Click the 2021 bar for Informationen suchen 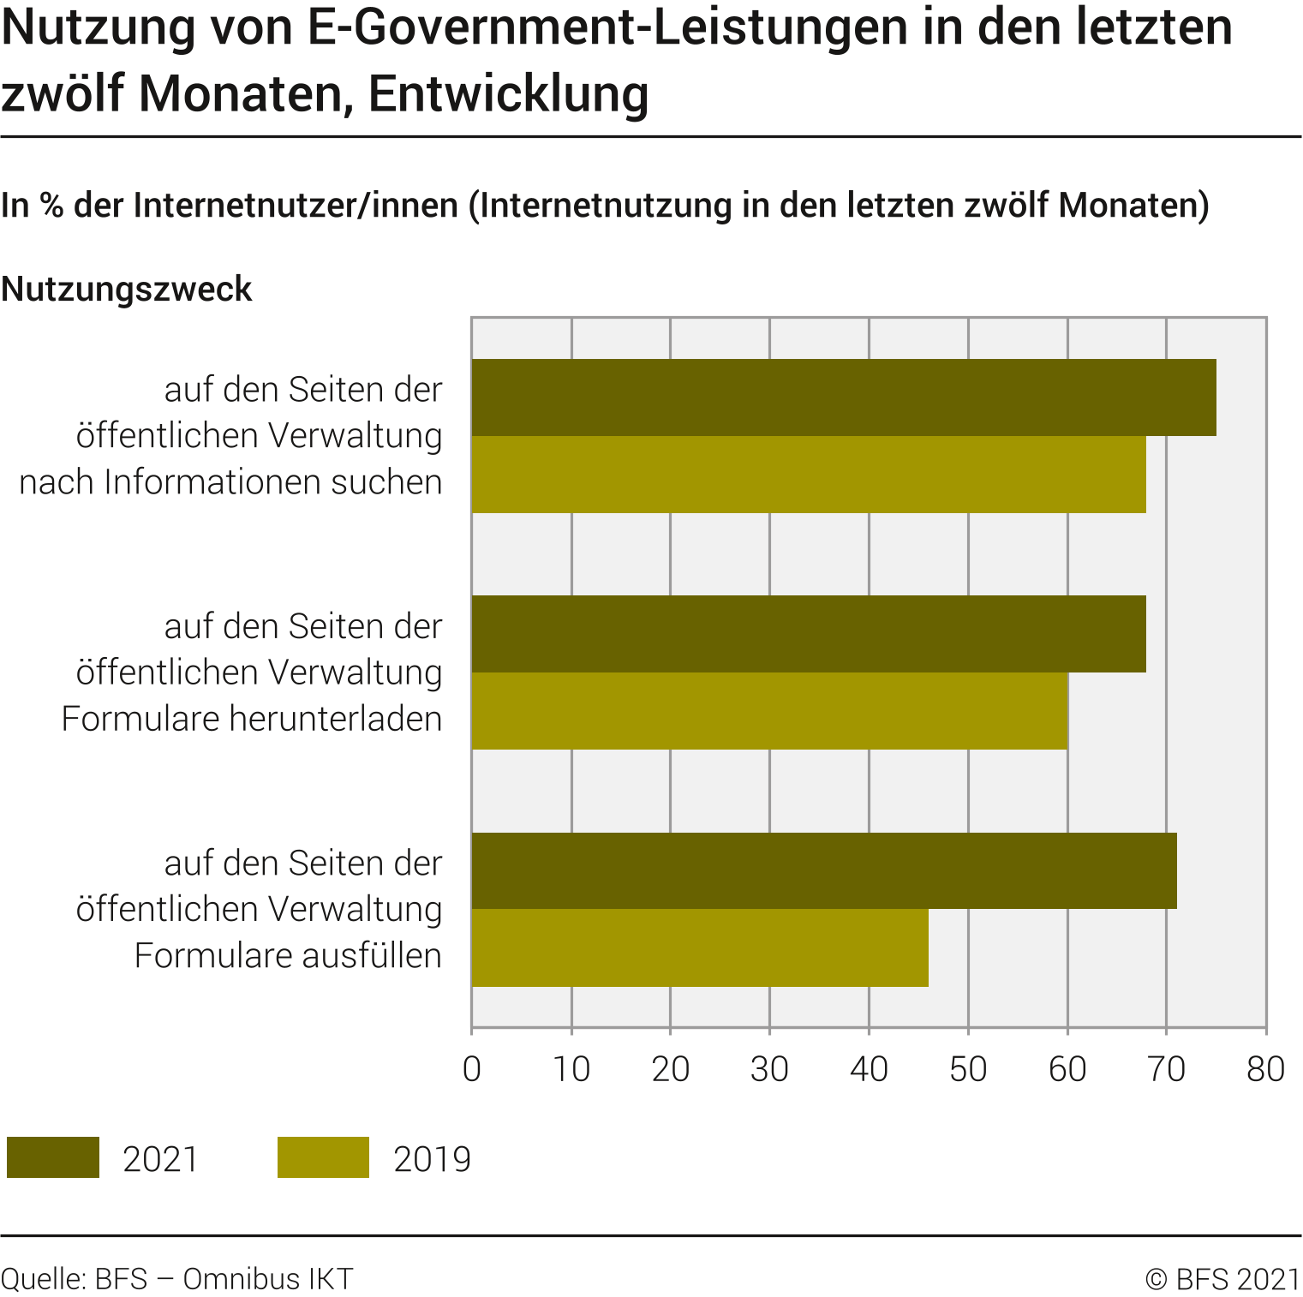[x=844, y=397]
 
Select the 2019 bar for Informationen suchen [x=809, y=475]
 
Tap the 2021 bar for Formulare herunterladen [x=809, y=634]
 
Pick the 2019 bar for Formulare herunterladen [x=769, y=711]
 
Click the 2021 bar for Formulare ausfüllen [x=824, y=870]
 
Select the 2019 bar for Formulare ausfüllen [x=700, y=947]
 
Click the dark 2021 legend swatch [x=53, y=1157]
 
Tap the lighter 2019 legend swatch [x=323, y=1157]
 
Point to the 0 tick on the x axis [x=472, y=1069]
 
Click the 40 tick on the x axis [x=869, y=1069]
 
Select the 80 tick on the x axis [x=1265, y=1069]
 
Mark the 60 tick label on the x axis [x=1067, y=1069]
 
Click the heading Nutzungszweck [x=127, y=290]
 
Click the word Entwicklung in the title [x=508, y=94]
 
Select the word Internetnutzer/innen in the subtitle [x=296, y=206]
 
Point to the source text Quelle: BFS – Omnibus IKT [x=176, y=1278]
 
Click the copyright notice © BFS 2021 [x=1222, y=1278]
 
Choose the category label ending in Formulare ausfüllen [x=259, y=909]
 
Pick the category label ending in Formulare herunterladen [x=252, y=672]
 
